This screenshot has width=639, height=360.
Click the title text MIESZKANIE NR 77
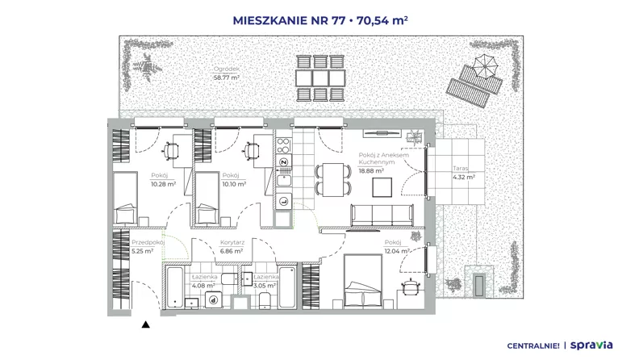coord(289,20)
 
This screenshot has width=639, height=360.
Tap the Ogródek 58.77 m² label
coord(227,73)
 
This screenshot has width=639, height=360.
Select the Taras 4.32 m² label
coord(463,173)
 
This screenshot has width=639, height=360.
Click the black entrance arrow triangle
coord(145,324)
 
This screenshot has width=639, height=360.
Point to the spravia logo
coord(591,345)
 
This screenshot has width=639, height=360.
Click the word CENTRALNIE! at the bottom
coord(533,346)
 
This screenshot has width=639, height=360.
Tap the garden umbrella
coord(485,65)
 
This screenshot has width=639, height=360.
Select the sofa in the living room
coord(382,215)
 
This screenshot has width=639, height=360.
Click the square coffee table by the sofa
coord(382,187)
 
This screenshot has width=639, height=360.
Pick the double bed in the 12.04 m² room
coord(363,281)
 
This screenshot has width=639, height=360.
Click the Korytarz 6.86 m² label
coord(232,247)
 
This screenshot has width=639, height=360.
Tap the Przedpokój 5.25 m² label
coord(148,247)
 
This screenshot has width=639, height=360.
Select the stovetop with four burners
coord(283,145)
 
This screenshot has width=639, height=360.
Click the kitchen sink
coord(283,180)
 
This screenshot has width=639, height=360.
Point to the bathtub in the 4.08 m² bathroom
coord(175,287)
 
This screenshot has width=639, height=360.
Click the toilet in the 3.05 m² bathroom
coord(265,300)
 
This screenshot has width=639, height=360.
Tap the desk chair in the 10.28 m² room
coord(171,150)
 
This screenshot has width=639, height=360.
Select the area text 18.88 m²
coord(371,171)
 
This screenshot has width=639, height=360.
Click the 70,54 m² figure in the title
coord(382,20)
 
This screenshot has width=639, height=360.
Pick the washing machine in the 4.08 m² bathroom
coord(213,299)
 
